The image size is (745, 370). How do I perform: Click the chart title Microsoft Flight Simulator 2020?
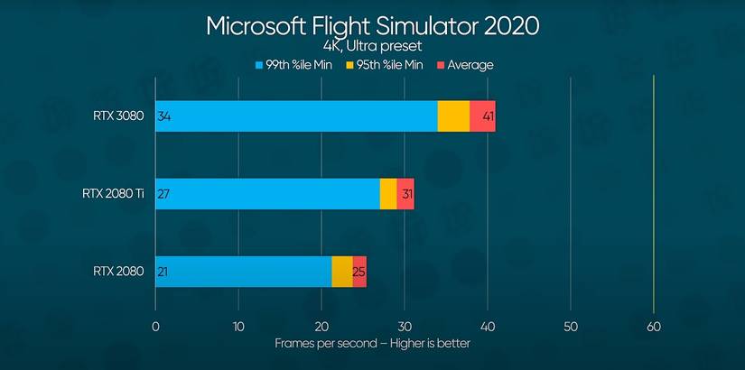372,25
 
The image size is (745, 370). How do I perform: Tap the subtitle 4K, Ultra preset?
372,46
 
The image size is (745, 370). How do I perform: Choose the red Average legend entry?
465,65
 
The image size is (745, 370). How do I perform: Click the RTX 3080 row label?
118,116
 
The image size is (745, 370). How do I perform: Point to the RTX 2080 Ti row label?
112,194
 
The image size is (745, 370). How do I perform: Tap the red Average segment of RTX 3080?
482,116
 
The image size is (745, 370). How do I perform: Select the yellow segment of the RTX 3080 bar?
453,116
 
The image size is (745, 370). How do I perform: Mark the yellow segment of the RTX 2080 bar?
341,272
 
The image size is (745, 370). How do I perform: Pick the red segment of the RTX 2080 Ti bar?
405,194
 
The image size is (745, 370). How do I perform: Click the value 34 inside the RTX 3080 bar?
164,116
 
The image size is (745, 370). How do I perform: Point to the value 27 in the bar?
164,194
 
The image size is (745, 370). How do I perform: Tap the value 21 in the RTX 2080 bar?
164,272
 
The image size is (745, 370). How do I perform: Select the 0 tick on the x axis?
155,326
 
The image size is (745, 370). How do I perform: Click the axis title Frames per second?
372,343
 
